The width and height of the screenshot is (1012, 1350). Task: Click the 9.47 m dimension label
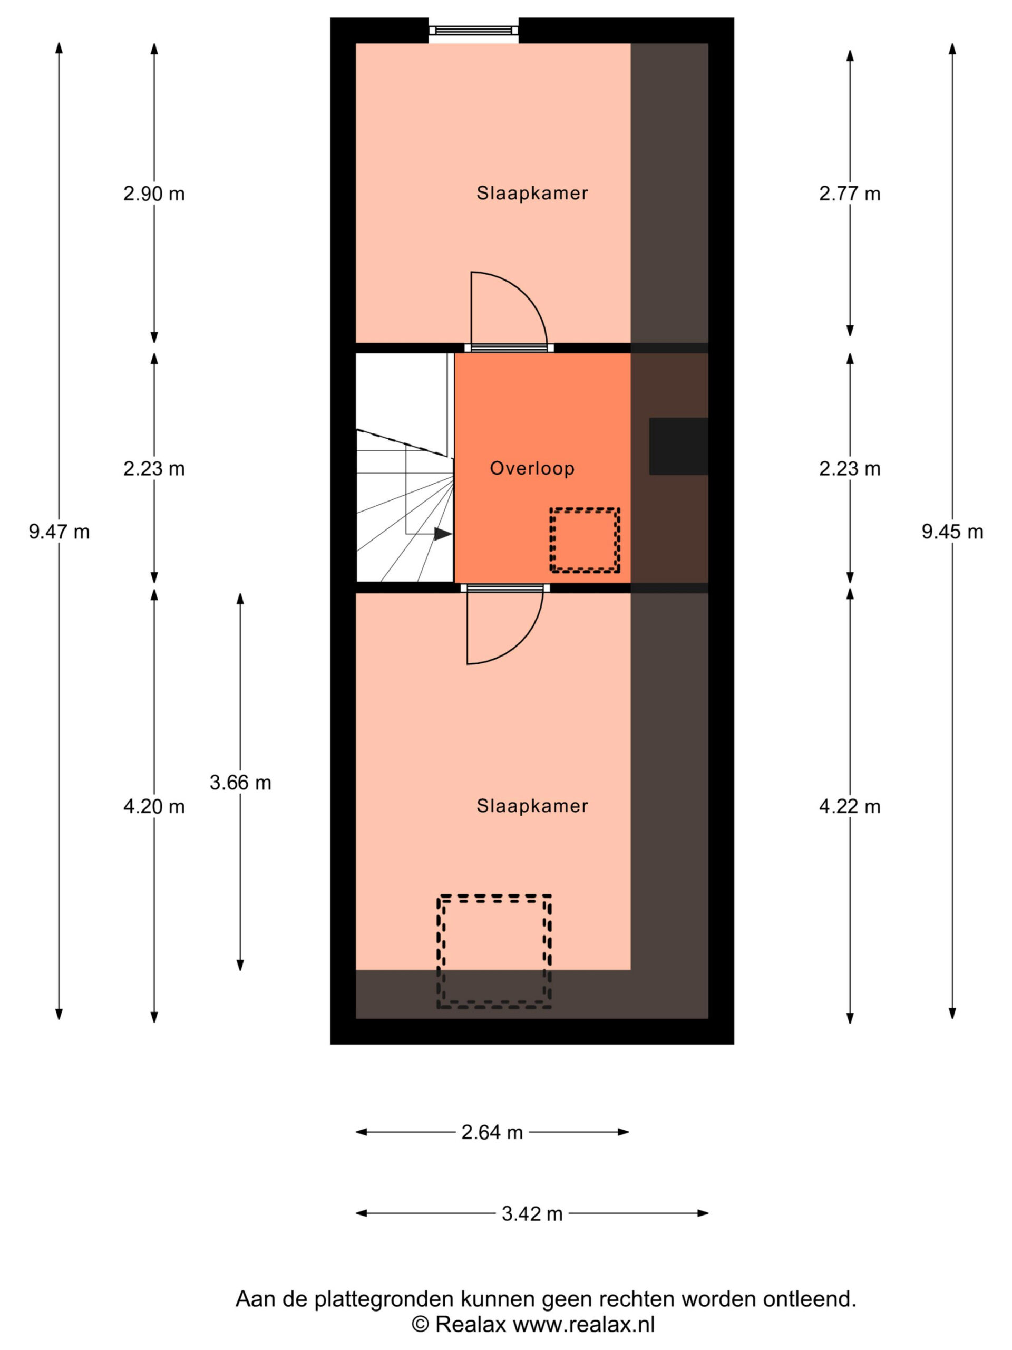(x=59, y=532)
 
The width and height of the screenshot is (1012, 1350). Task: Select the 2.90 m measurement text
(x=154, y=194)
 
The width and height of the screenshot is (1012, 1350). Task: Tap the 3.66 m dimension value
(x=240, y=783)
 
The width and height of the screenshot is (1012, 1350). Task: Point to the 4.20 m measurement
(x=154, y=807)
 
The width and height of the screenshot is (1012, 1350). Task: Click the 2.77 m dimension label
(x=850, y=194)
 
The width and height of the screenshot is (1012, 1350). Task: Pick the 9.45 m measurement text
(x=952, y=532)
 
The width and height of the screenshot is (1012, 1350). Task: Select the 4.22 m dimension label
(x=850, y=807)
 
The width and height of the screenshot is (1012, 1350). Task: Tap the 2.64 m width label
(x=492, y=1133)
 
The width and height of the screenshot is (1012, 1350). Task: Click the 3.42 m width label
(x=532, y=1214)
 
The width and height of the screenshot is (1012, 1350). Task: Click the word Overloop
(x=532, y=468)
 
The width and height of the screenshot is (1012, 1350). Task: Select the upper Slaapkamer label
(x=532, y=194)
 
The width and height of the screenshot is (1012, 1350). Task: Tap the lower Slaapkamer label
(x=532, y=806)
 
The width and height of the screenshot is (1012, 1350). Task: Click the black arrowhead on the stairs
(x=443, y=534)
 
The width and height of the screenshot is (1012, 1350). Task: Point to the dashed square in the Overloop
(x=585, y=540)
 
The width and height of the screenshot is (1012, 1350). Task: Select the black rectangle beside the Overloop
(x=678, y=446)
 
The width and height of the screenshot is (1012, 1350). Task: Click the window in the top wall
(x=473, y=31)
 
